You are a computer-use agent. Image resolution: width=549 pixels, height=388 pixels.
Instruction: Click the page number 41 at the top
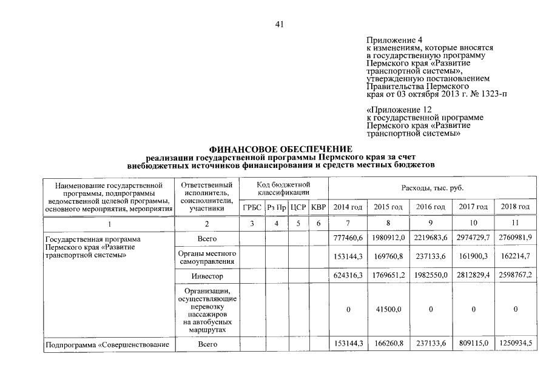(279, 25)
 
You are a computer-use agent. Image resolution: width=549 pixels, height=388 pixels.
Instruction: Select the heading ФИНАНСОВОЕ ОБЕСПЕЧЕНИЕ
(280, 149)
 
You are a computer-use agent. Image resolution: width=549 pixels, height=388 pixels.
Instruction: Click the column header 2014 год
(348, 207)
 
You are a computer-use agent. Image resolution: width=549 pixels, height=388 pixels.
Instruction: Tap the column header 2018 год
(515, 207)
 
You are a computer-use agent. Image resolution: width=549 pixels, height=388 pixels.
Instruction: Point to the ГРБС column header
(252, 207)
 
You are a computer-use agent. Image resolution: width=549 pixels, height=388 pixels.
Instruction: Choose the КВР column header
(318, 207)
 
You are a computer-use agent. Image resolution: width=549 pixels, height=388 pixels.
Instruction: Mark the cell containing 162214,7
(515, 257)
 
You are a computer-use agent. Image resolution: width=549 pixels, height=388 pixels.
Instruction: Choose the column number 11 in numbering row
(515, 224)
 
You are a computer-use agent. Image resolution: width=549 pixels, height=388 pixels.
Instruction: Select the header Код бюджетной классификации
(284, 188)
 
